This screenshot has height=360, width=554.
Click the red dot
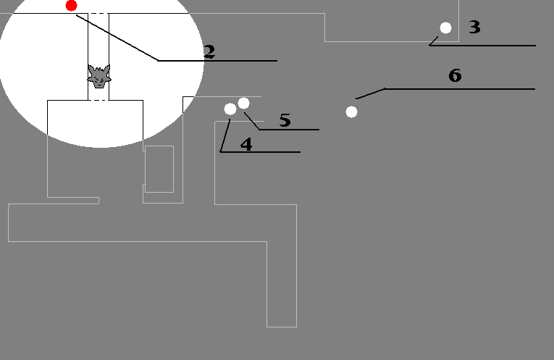point(72,6)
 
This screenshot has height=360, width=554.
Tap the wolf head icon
point(99,76)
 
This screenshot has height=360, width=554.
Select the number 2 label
point(209,51)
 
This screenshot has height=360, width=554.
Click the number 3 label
point(474,27)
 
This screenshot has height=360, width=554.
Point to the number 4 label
point(246,144)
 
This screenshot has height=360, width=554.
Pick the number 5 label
point(285,120)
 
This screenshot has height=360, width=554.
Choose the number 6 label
point(455,75)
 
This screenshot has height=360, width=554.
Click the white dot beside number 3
point(445,28)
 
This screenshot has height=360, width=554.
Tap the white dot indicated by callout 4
point(230,109)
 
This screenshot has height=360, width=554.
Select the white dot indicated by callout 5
point(243,103)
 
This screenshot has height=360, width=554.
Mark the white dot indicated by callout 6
point(351,112)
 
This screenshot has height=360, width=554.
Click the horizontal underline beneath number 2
point(217,61)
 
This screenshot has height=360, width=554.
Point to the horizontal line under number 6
point(460,89)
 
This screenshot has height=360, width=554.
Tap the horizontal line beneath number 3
point(482,46)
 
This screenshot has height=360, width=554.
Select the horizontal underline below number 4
point(260,152)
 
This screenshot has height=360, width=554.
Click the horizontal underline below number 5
point(289,130)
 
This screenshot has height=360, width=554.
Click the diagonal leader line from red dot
point(117,38)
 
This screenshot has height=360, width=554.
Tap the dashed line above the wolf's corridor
point(98,14)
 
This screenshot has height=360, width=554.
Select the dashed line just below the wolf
point(98,101)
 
